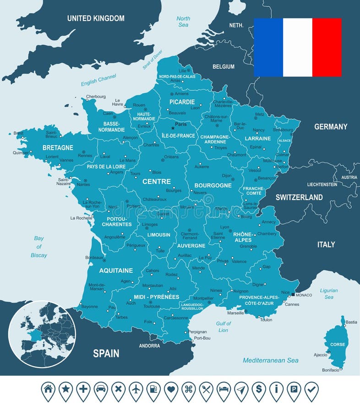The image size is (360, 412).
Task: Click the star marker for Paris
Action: tap(173, 129)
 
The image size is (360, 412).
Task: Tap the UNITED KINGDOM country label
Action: tap(96, 18)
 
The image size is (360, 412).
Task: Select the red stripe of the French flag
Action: tap(327, 47)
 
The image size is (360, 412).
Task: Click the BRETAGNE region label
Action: tap(58, 148)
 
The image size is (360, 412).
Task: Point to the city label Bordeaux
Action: tap(94, 258)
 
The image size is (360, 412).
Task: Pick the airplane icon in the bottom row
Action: tap(136, 390)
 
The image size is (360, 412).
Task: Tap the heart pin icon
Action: tap(171, 390)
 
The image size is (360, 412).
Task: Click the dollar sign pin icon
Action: tap(259, 390)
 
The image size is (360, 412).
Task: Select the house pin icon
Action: tap(48, 390)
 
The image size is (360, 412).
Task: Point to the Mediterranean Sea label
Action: tap(270, 360)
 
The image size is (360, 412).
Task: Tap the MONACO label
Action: tap(304, 295)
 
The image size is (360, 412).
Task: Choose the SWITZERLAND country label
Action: tap(299, 197)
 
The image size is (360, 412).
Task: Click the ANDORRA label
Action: tap(149, 346)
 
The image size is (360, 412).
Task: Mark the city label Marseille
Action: tap(236, 313)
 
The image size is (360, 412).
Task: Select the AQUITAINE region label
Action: tap(116, 271)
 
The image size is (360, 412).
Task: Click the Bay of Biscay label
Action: tap(39, 247)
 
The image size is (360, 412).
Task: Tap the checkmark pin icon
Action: tap(311, 390)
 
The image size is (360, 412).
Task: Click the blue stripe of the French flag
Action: tap(268, 47)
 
